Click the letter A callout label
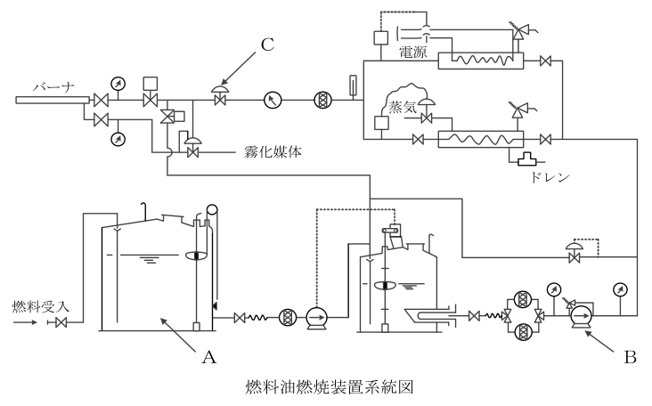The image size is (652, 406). [x=208, y=356]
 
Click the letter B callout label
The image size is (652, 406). [x=631, y=356]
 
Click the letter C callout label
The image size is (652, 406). [x=267, y=44]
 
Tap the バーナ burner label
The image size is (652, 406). [x=53, y=87]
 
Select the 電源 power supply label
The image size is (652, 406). [x=413, y=52]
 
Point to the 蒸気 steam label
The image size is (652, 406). [x=403, y=107]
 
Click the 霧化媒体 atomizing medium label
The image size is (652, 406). [x=273, y=152]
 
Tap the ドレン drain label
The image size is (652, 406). [x=549, y=177]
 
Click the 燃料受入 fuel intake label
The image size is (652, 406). [x=40, y=306]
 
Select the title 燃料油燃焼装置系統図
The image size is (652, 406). [x=330, y=387]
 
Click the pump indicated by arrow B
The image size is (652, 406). [x=582, y=317]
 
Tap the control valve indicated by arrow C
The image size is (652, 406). [x=219, y=95]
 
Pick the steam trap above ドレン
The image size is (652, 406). [x=526, y=159]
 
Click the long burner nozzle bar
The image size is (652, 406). [x=53, y=100]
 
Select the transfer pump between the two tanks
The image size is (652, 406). [x=316, y=318]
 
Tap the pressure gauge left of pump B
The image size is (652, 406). [x=553, y=288]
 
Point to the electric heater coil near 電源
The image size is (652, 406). [x=482, y=61]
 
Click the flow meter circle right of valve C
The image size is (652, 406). [x=273, y=100]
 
